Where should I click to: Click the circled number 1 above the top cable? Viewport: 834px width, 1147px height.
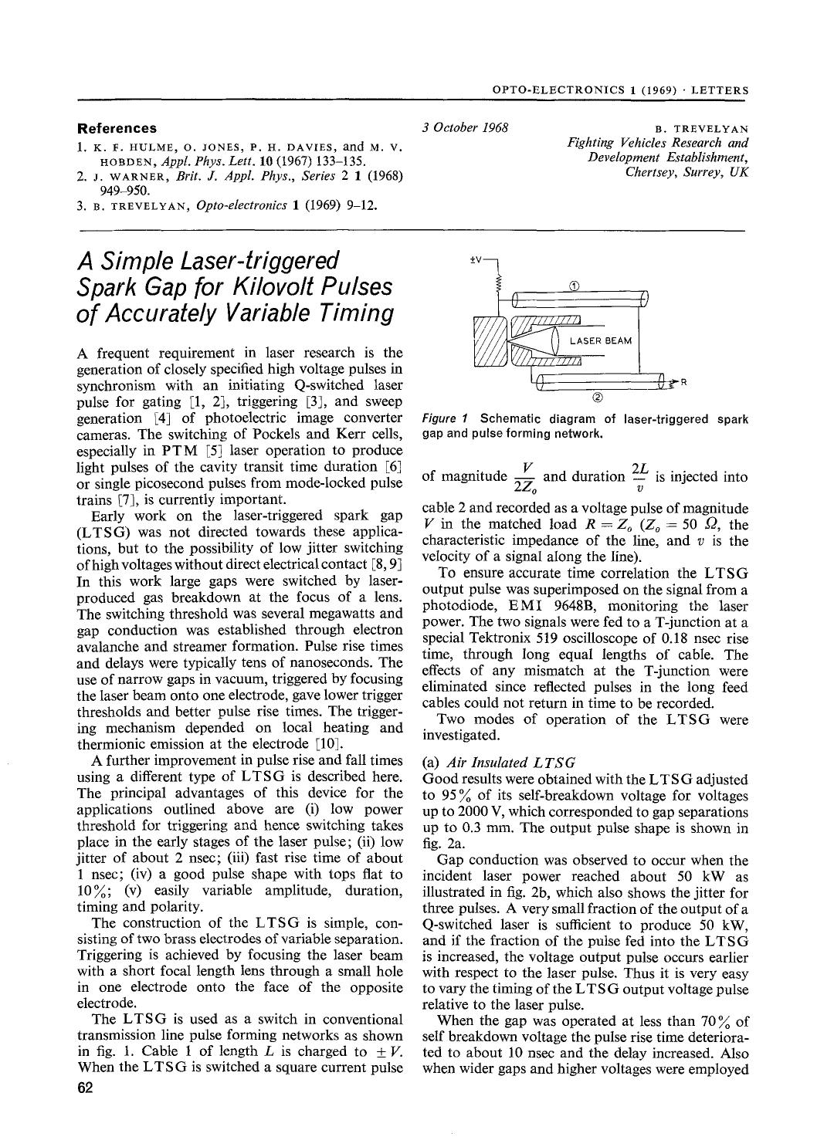point(574,286)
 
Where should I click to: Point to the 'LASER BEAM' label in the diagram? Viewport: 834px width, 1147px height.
point(601,341)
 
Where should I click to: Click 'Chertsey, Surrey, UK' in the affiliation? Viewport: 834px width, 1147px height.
point(687,171)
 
